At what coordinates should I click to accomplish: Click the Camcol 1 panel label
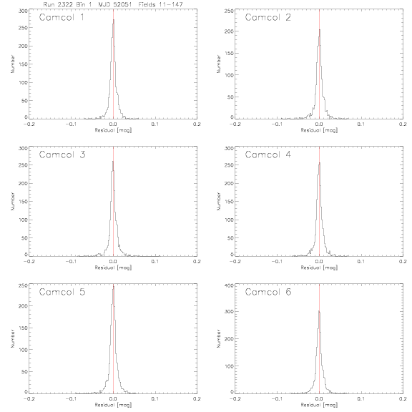pyautogui.click(x=62, y=17)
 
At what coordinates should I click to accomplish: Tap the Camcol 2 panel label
pyautogui.click(x=268, y=17)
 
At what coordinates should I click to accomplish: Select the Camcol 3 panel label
pyautogui.click(x=62, y=154)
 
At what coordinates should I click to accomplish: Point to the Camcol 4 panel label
pyautogui.click(x=268, y=154)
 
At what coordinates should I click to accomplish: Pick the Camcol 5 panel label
pyautogui.click(x=62, y=292)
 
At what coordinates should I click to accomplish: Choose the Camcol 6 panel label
pyautogui.click(x=268, y=292)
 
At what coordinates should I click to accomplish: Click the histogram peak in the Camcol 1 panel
pyautogui.click(x=114, y=20)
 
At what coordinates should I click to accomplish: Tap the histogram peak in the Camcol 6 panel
pyautogui.click(x=319, y=311)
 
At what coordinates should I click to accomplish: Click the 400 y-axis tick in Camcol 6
pyautogui.click(x=230, y=285)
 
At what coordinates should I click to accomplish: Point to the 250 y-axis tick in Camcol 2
pyautogui.click(x=230, y=11)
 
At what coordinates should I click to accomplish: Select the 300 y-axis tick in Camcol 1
pyautogui.click(x=23, y=11)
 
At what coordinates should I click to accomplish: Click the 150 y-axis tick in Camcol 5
pyautogui.click(x=23, y=328)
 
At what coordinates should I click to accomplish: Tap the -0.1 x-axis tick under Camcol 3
pyautogui.click(x=71, y=262)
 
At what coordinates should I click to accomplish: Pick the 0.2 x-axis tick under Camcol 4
pyautogui.click(x=403, y=262)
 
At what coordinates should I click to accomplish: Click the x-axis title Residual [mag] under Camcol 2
pyautogui.click(x=319, y=130)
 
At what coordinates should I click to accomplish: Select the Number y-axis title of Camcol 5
pyautogui.click(x=12, y=339)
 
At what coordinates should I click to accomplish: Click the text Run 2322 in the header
pyautogui.click(x=58, y=4)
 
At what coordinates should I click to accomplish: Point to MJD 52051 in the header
pyautogui.click(x=115, y=4)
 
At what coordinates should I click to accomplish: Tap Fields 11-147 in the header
pyautogui.click(x=160, y=4)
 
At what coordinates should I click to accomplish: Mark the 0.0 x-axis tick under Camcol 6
pyautogui.click(x=319, y=399)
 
